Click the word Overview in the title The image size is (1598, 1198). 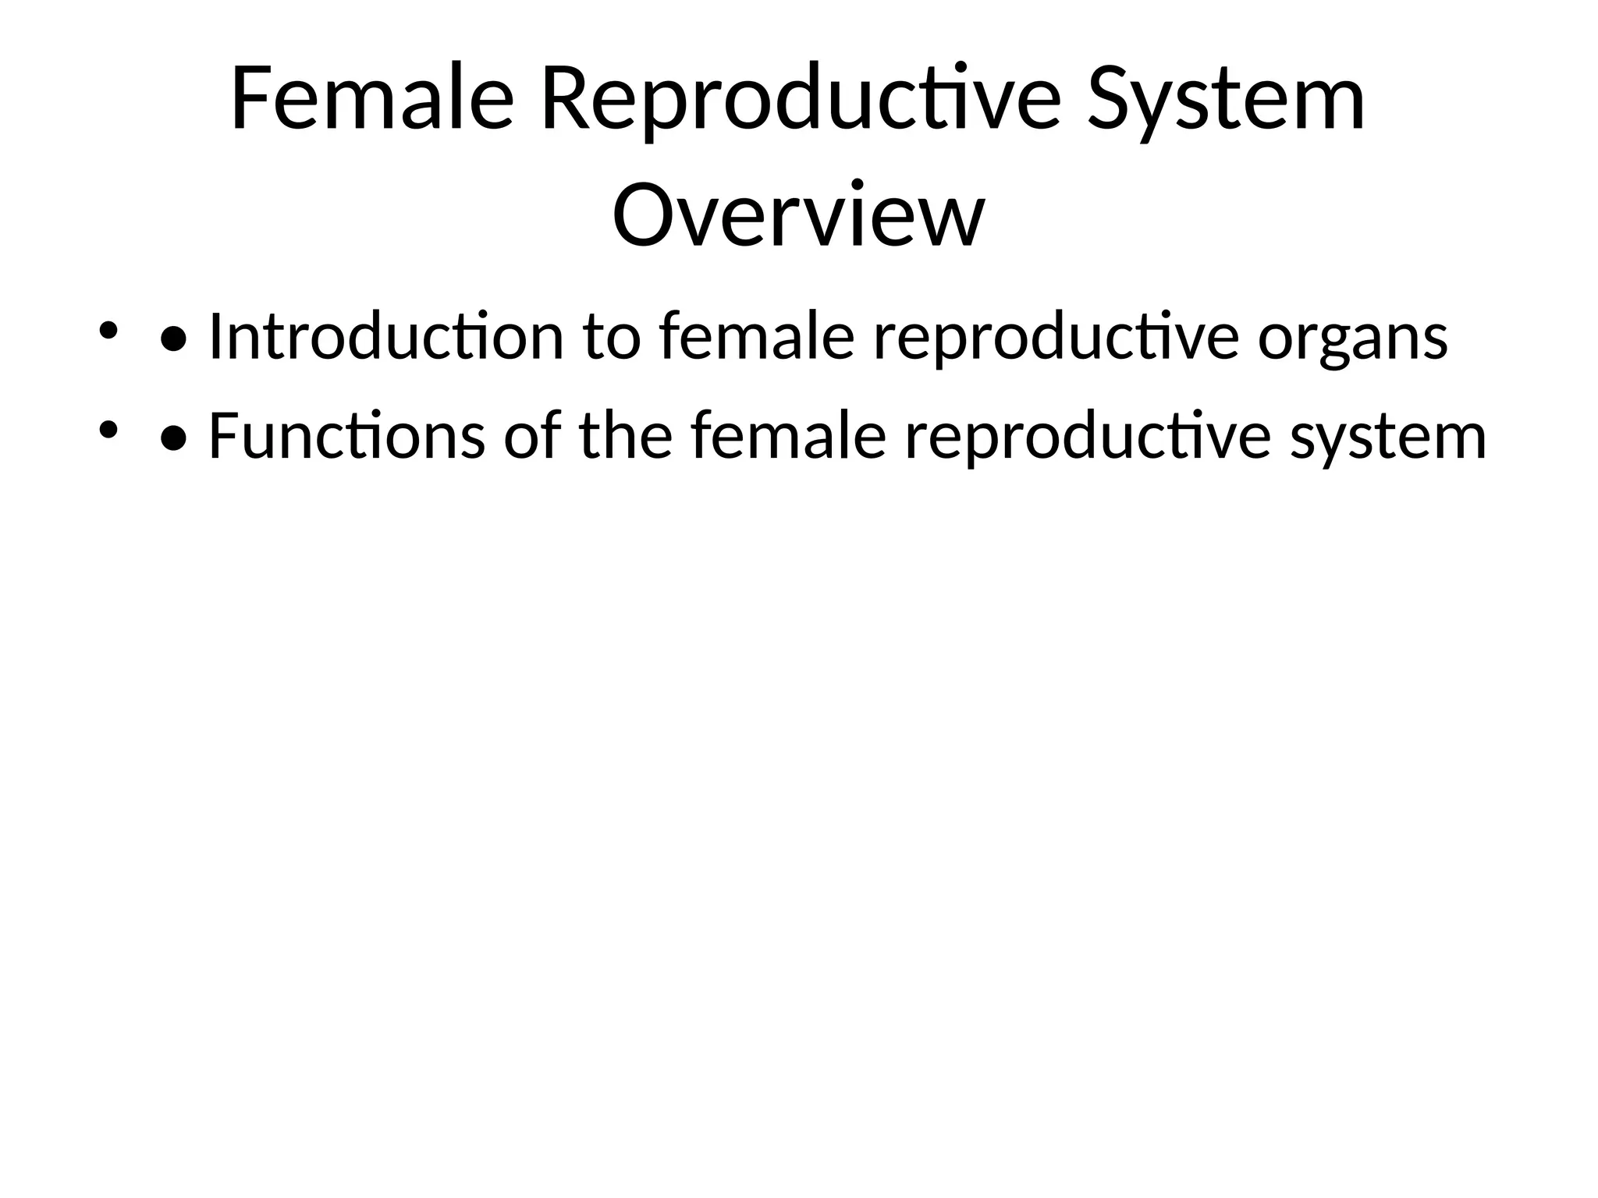(798, 214)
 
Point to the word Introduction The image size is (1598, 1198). (385, 337)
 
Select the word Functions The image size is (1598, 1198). (346, 436)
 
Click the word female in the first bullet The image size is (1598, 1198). (756, 337)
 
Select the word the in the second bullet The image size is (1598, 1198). (626, 436)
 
